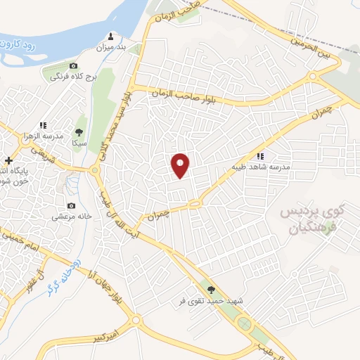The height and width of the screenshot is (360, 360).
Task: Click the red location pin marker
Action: tap(181, 165)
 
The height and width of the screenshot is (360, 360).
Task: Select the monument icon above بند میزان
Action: tap(110, 37)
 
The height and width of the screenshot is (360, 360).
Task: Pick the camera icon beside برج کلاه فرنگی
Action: tap(72, 65)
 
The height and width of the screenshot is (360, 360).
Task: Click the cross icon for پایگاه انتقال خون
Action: tap(8, 161)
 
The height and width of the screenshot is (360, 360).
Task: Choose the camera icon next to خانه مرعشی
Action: tap(71, 206)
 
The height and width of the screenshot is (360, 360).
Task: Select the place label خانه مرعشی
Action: tap(70, 217)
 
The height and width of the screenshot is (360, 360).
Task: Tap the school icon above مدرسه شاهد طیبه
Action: tap(260, 157)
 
